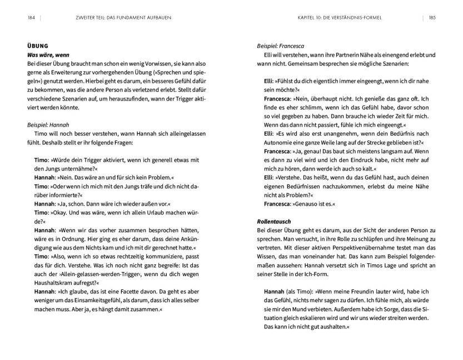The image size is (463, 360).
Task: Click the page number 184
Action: tap(31, 18)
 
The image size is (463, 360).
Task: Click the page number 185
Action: tap(432, 18)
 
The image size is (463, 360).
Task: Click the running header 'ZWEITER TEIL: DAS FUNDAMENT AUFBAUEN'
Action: tap(122, 18)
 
